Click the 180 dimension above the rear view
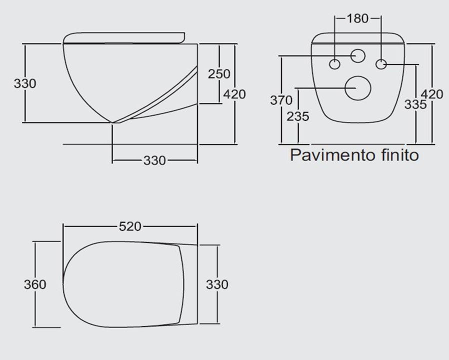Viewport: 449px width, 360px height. [357, 18]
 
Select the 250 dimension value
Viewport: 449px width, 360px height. [219, 74]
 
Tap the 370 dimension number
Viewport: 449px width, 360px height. [281, 100]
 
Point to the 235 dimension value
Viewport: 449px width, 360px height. [298, 116]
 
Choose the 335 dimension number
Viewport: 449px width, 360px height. [415, 104]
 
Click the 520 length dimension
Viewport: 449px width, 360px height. [130, 227]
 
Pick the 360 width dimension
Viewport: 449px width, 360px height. [35, 284]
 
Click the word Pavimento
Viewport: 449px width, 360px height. [332, 155]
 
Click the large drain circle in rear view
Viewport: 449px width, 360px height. [358, 88]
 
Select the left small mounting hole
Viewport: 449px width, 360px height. [334, 64]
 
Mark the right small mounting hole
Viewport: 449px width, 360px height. [381, 64]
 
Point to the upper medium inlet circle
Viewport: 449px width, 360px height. [358, 56]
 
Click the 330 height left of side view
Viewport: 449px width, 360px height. [25, 83]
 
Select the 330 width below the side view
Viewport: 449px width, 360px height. [154, 160]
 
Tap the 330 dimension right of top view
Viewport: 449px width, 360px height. [217, 284]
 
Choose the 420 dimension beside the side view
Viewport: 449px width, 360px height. [234, 94]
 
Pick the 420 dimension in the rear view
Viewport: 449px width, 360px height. [432, 94]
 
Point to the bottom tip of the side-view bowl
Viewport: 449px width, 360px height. [112, 122]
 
